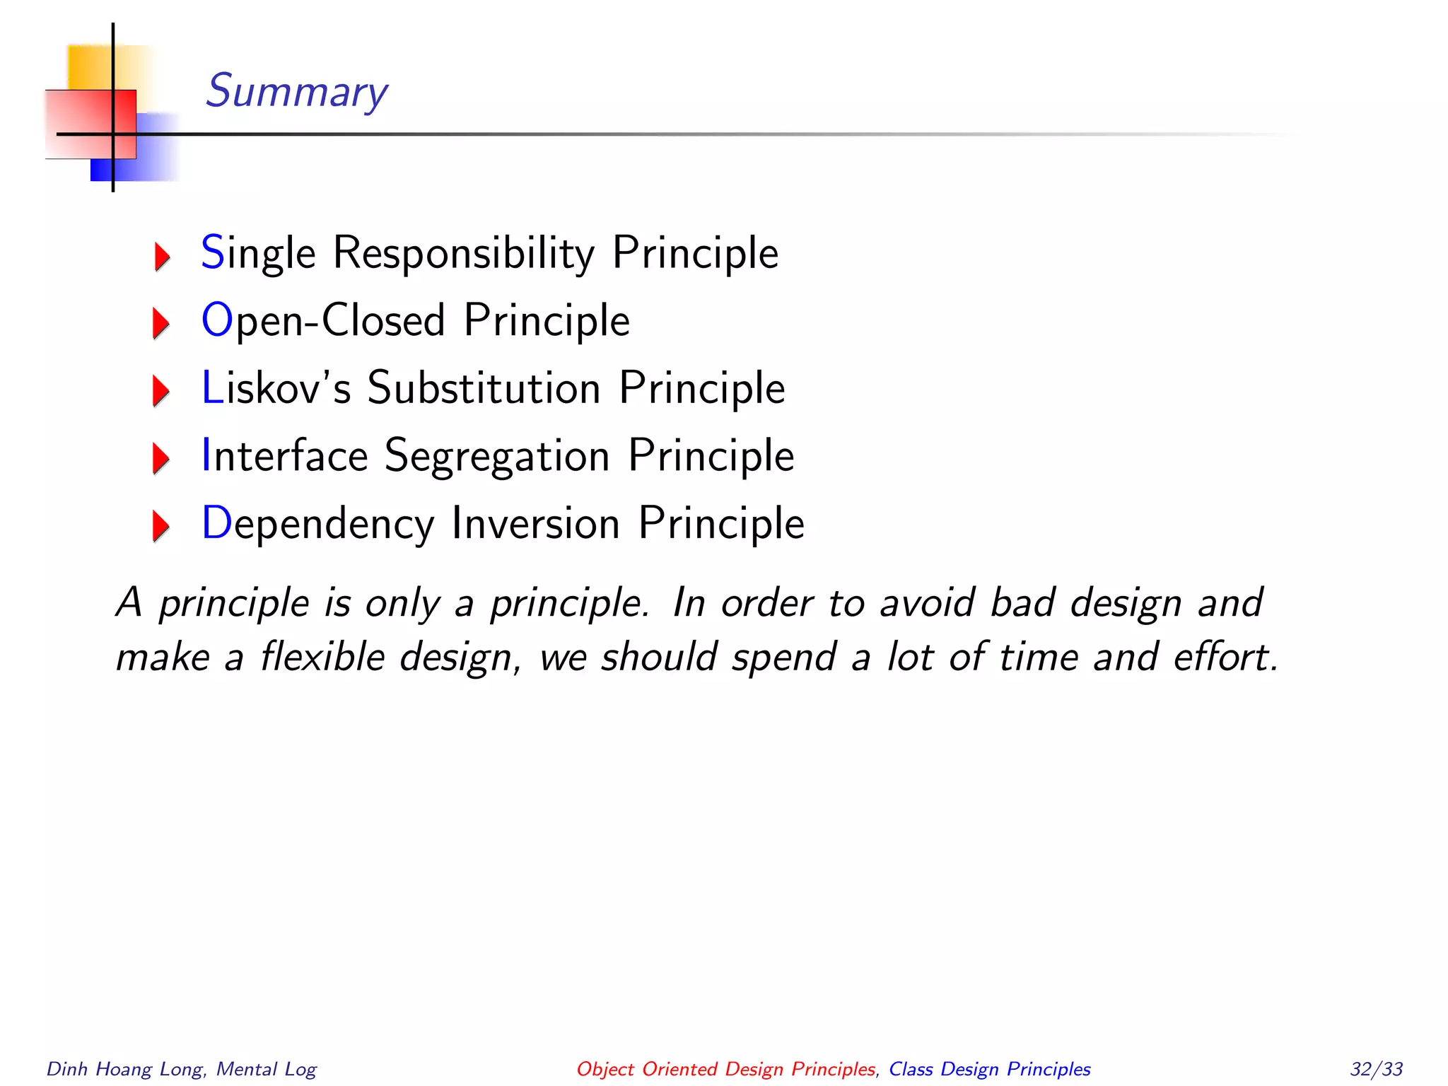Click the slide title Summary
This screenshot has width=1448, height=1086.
[x=296, y=91]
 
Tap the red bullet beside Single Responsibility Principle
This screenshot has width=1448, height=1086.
[x=162, y=256]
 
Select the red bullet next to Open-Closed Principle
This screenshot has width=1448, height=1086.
[x=161, y=323]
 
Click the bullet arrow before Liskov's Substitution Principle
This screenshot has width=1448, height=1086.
[x=161, y=391]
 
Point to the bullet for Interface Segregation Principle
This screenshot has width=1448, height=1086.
[x=161, y=458]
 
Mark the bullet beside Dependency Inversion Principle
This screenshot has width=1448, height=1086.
[x=161, y=525]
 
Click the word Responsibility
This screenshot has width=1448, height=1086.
[x=464, y=254]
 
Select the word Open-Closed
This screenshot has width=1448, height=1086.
[x=322, y=321]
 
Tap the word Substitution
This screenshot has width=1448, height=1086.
[x=484, y=388]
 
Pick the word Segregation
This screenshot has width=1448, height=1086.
[x=497, y=456]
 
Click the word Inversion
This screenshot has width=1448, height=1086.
[x=536, y=523]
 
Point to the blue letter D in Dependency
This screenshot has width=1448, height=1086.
[x=216, y=523]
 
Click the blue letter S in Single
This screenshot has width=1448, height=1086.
[x=213, y=252]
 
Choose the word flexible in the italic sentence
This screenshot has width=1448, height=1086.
[x=322, y=657]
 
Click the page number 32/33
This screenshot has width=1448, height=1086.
[x=1376, y=1069]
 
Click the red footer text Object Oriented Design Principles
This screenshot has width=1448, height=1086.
[x=726, y=1069]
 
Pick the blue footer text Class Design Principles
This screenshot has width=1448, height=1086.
[x=989, y=1069]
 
